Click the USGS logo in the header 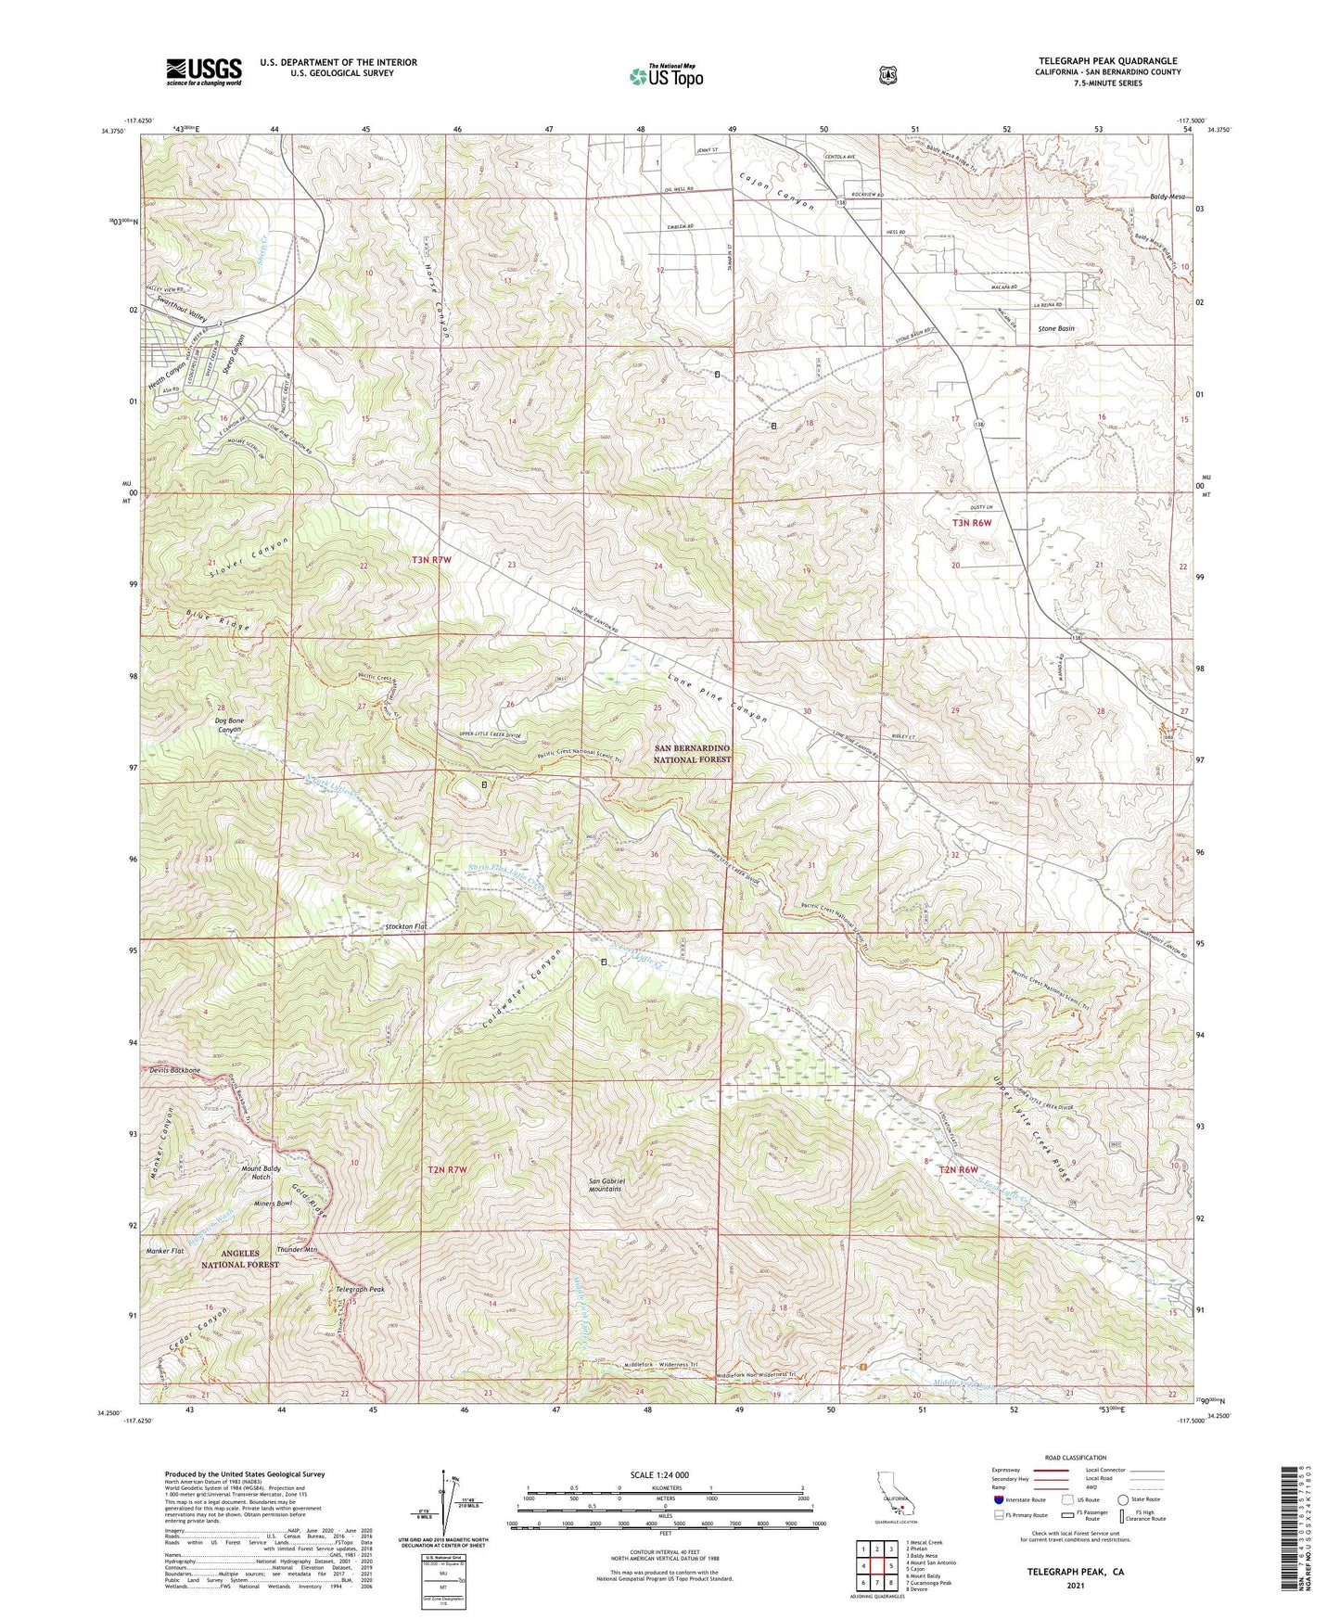pyautogui.click(x=204, y=71)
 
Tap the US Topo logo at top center pyautogui.click(x=666, y=76)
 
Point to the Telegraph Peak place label pyautogui.click(x=359, y=1289)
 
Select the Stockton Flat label pyautogui.click(x=406, y=926)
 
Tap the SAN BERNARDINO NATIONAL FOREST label pyautogui.click(x=692, y=753)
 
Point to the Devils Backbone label pyautogui.click(x=174, y=1070)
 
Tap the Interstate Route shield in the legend pyautogui.click(x=998, y=1498)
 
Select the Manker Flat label pyautogui.click(x=166, y=1251)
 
